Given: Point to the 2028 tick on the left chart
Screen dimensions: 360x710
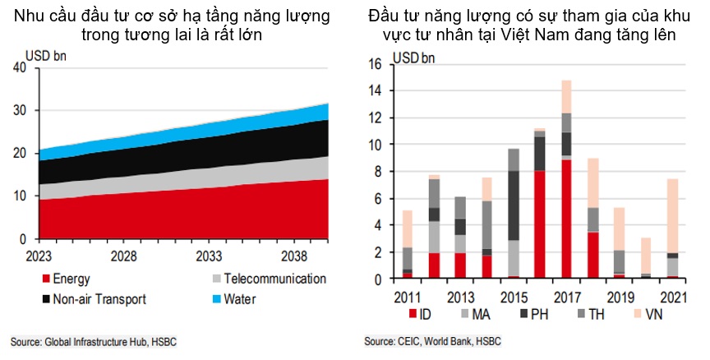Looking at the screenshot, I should [124, 256].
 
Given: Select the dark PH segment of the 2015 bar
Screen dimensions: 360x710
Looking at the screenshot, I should [514, 205].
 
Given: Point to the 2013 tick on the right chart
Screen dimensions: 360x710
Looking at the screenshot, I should [461, 295].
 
